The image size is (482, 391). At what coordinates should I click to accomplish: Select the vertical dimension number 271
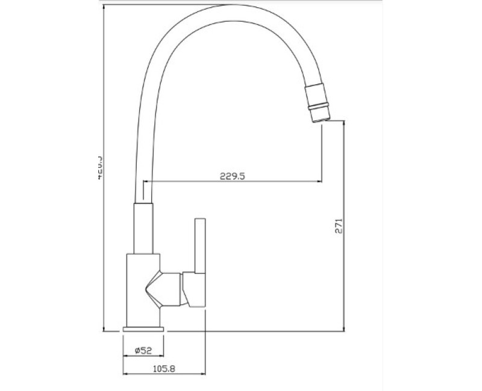point(339,226)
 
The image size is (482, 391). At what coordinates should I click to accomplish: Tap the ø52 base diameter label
point(143,349)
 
